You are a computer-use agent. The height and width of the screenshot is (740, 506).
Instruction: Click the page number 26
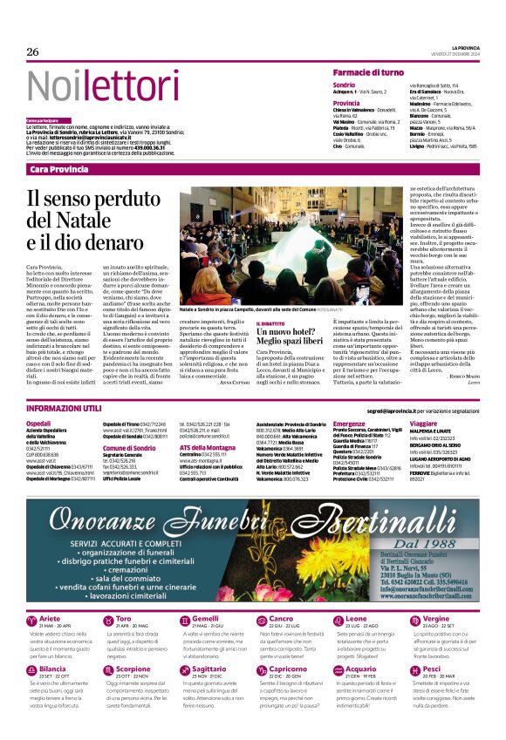point(33,51)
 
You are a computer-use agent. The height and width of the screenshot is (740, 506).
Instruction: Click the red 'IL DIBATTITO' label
point(268,322)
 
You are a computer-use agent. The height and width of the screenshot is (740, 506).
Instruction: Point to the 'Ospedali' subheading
point(39,423)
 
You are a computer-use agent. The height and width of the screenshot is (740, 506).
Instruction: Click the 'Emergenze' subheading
point(349,423)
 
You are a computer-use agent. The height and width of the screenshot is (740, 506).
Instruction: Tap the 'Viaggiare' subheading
point(424,423)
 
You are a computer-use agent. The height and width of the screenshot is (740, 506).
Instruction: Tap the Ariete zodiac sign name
point(50,643)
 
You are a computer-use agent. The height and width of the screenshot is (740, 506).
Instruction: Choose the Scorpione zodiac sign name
point(133,693)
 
